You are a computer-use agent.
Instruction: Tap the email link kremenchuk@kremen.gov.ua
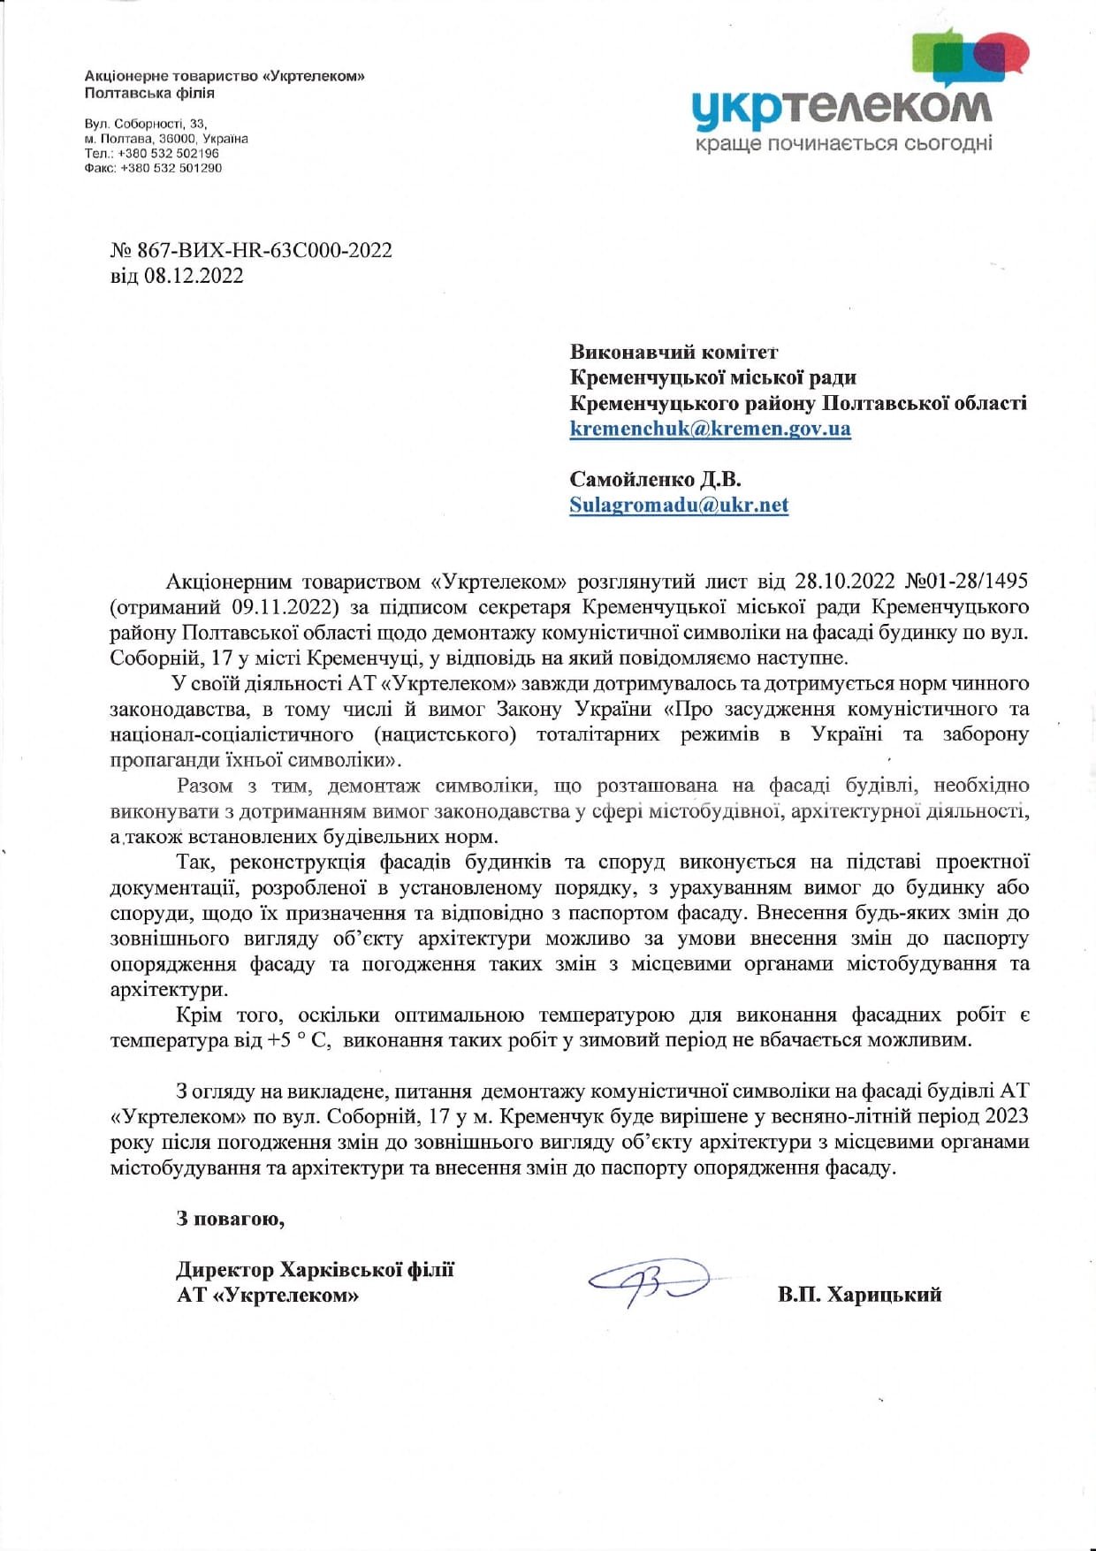tap(710, 429)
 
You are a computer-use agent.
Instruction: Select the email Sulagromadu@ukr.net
tap(678, 506)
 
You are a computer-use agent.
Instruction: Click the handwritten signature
tap(651, 1281)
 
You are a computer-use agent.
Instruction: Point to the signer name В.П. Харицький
tap(859, 1295)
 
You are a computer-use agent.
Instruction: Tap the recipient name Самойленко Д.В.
tap(655, 480)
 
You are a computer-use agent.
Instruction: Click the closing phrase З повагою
tap(230, 1219)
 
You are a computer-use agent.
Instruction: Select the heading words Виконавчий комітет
tap(674, 353)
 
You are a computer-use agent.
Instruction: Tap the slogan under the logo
tap(843, 143)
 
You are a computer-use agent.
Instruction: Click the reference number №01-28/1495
tap(967, 582)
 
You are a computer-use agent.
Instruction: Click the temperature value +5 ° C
tap(298, 1040)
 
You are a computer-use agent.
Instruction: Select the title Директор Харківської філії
tap(315, 1270)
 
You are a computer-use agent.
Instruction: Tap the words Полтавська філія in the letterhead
tap(149, 93)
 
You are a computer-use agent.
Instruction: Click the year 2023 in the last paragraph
tap(1007, 1116)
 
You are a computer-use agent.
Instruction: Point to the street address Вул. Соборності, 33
tap(145, 124)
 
